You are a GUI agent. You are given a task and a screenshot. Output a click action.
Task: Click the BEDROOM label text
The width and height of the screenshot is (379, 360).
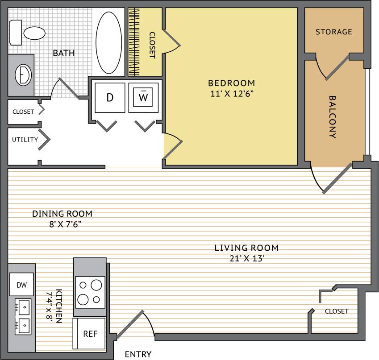(x=232, y=83)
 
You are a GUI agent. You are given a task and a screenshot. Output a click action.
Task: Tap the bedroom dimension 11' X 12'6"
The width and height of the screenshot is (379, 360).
(x=232, y=94)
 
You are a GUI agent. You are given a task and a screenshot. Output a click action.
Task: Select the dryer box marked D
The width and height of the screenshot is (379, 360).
(x=110, y=97)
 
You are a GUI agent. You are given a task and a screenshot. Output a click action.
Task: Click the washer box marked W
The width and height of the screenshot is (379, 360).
(x=143, y=97)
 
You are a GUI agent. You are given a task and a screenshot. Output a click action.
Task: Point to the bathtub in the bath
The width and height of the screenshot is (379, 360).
(x=109, y=43)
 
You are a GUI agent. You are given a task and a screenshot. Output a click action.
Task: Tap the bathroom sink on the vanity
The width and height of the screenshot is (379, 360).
(x=23, y=74)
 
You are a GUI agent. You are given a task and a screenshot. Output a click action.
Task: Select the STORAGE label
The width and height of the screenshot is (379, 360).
(x=334, y=32)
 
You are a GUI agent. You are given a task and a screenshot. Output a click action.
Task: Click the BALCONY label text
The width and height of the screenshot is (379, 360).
(x=333, y=117)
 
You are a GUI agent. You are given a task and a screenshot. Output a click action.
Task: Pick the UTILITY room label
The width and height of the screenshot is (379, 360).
(x=25, y=139)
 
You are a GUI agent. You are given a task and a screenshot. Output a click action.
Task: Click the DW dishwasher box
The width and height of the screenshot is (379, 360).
(x=21, y=285)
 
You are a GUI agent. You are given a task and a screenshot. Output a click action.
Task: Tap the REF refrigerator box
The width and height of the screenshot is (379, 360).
(x=90, y=334)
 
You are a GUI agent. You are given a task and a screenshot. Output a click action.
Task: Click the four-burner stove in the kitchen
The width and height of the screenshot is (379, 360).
(x=90, y=290)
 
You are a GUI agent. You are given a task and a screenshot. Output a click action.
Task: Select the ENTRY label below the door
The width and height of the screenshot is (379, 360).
(x=138, y=355)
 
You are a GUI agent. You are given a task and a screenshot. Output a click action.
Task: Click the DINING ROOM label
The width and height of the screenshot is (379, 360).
(x=62, y=214)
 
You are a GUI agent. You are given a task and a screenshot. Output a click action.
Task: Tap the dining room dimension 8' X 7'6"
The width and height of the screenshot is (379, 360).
(x=62, y=224)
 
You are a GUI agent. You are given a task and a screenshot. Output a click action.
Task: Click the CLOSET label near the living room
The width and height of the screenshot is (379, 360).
(x=337, y=311)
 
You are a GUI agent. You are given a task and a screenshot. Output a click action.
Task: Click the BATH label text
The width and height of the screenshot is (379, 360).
(x=64, y=53)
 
